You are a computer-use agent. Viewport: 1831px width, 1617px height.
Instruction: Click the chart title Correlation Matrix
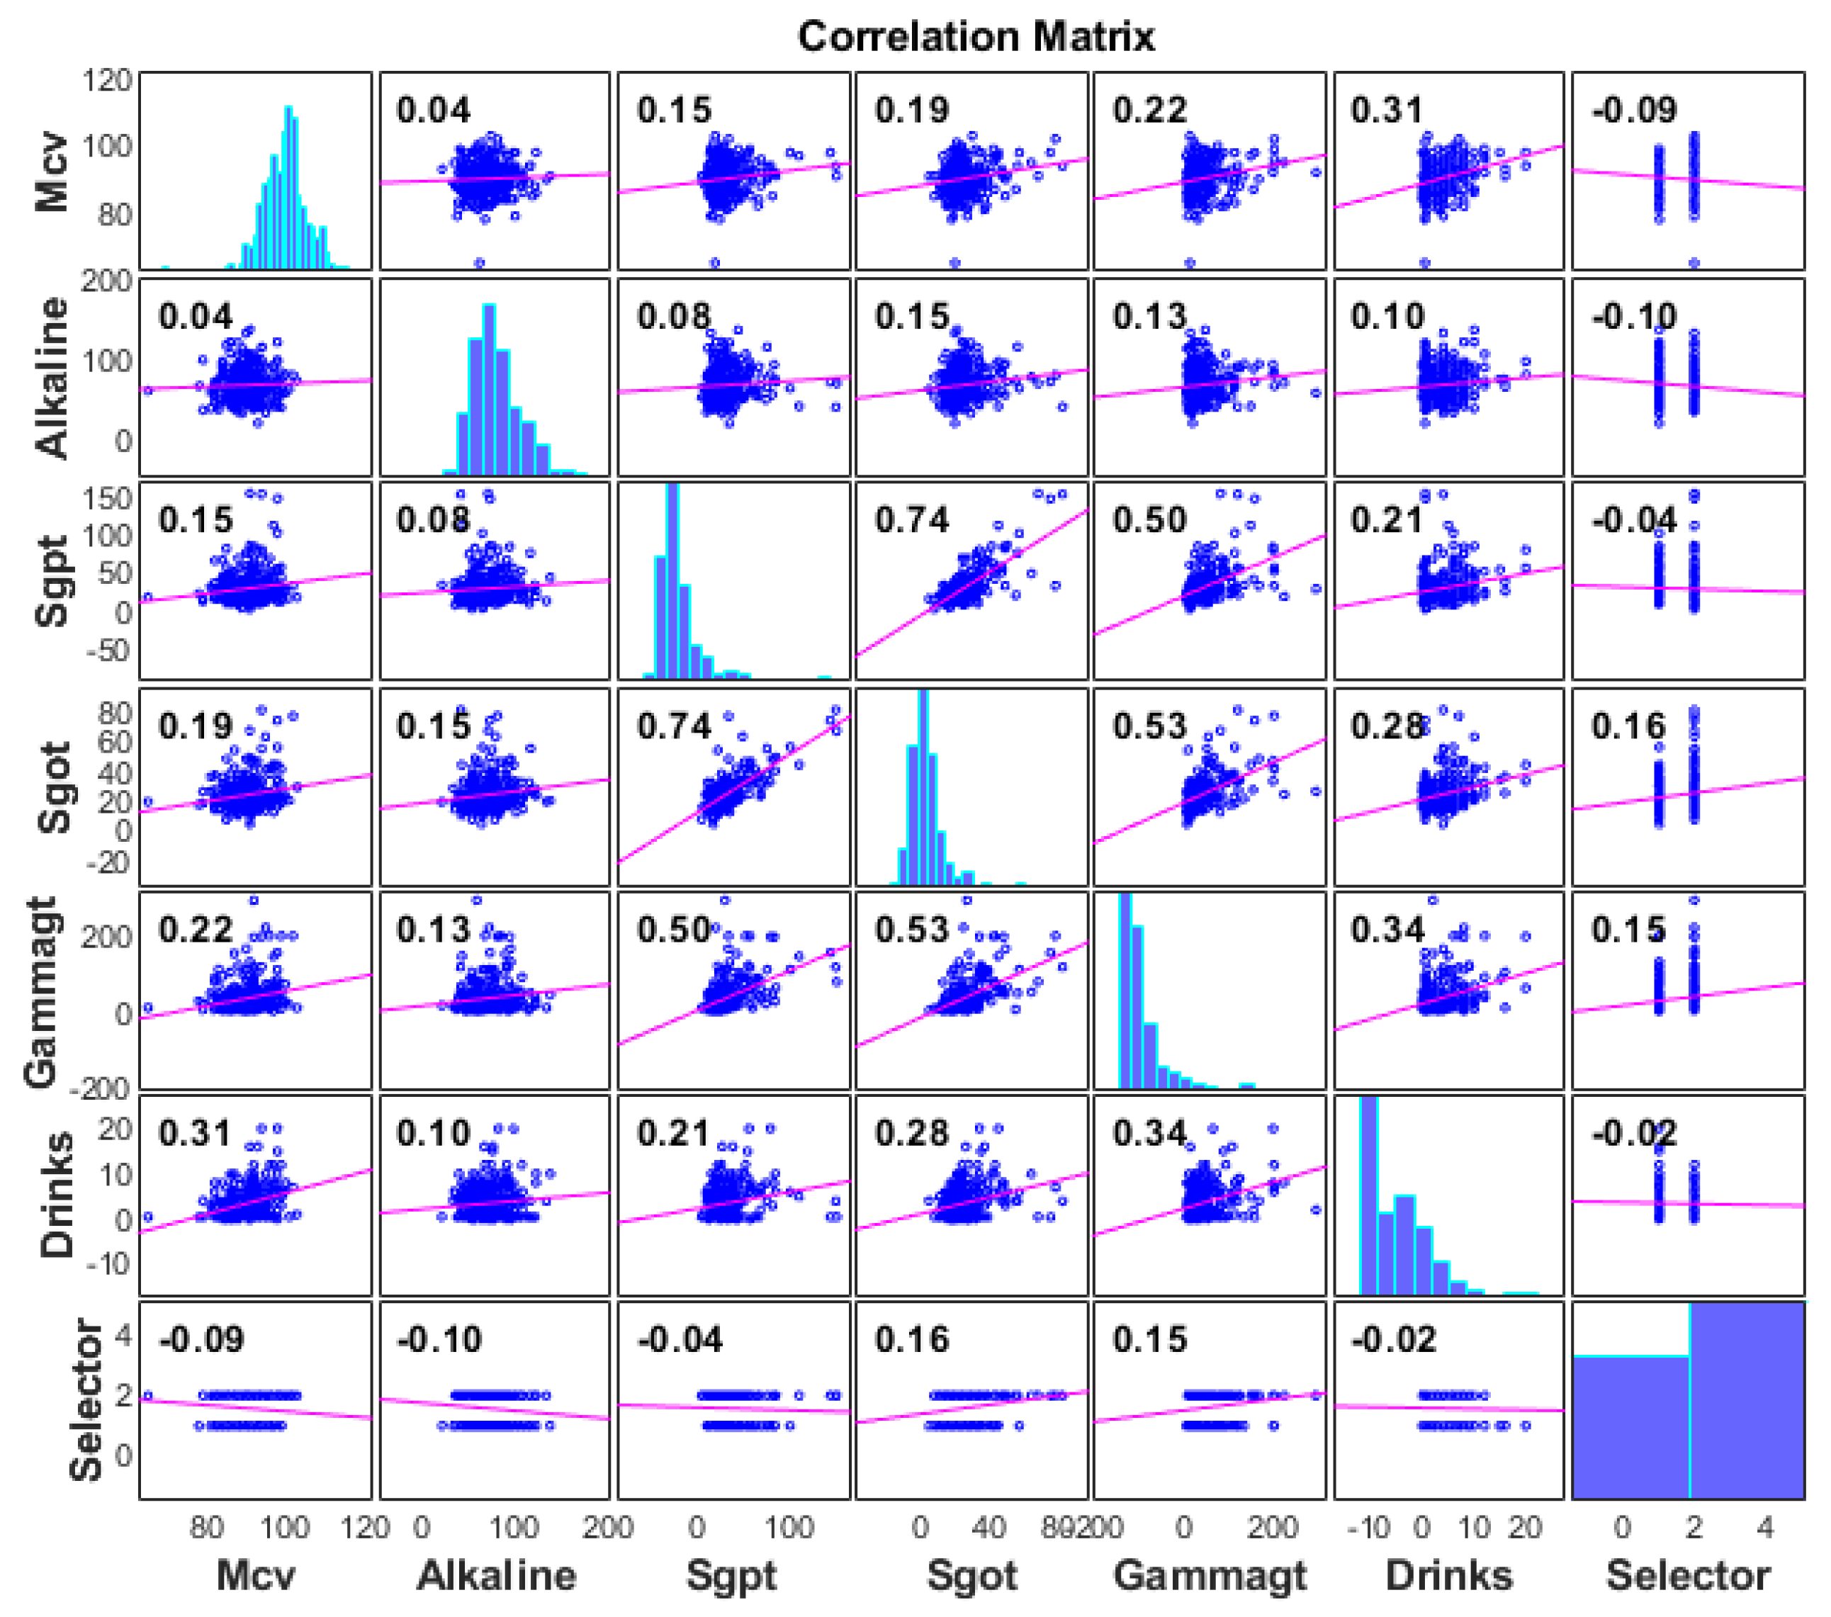tap(976, 37)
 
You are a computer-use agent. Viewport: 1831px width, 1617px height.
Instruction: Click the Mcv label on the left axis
tap(52, 172)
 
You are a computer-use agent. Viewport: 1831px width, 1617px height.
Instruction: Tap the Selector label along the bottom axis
tap(1688, 1575)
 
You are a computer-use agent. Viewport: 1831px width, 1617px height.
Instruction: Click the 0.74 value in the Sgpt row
tap(911, 521)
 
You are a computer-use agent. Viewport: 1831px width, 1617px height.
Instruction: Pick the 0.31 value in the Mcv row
tap(1387, 111)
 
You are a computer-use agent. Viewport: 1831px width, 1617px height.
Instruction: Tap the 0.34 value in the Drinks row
tap(1149, 1133)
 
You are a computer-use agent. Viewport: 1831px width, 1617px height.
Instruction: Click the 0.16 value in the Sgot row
tap(1628, 726)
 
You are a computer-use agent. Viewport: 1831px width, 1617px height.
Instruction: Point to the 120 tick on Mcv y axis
tap(108, 81)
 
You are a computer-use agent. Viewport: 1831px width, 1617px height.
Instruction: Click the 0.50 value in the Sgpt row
tap(1149, 521)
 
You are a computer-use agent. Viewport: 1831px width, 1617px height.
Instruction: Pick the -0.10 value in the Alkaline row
tap(1634, 316)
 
